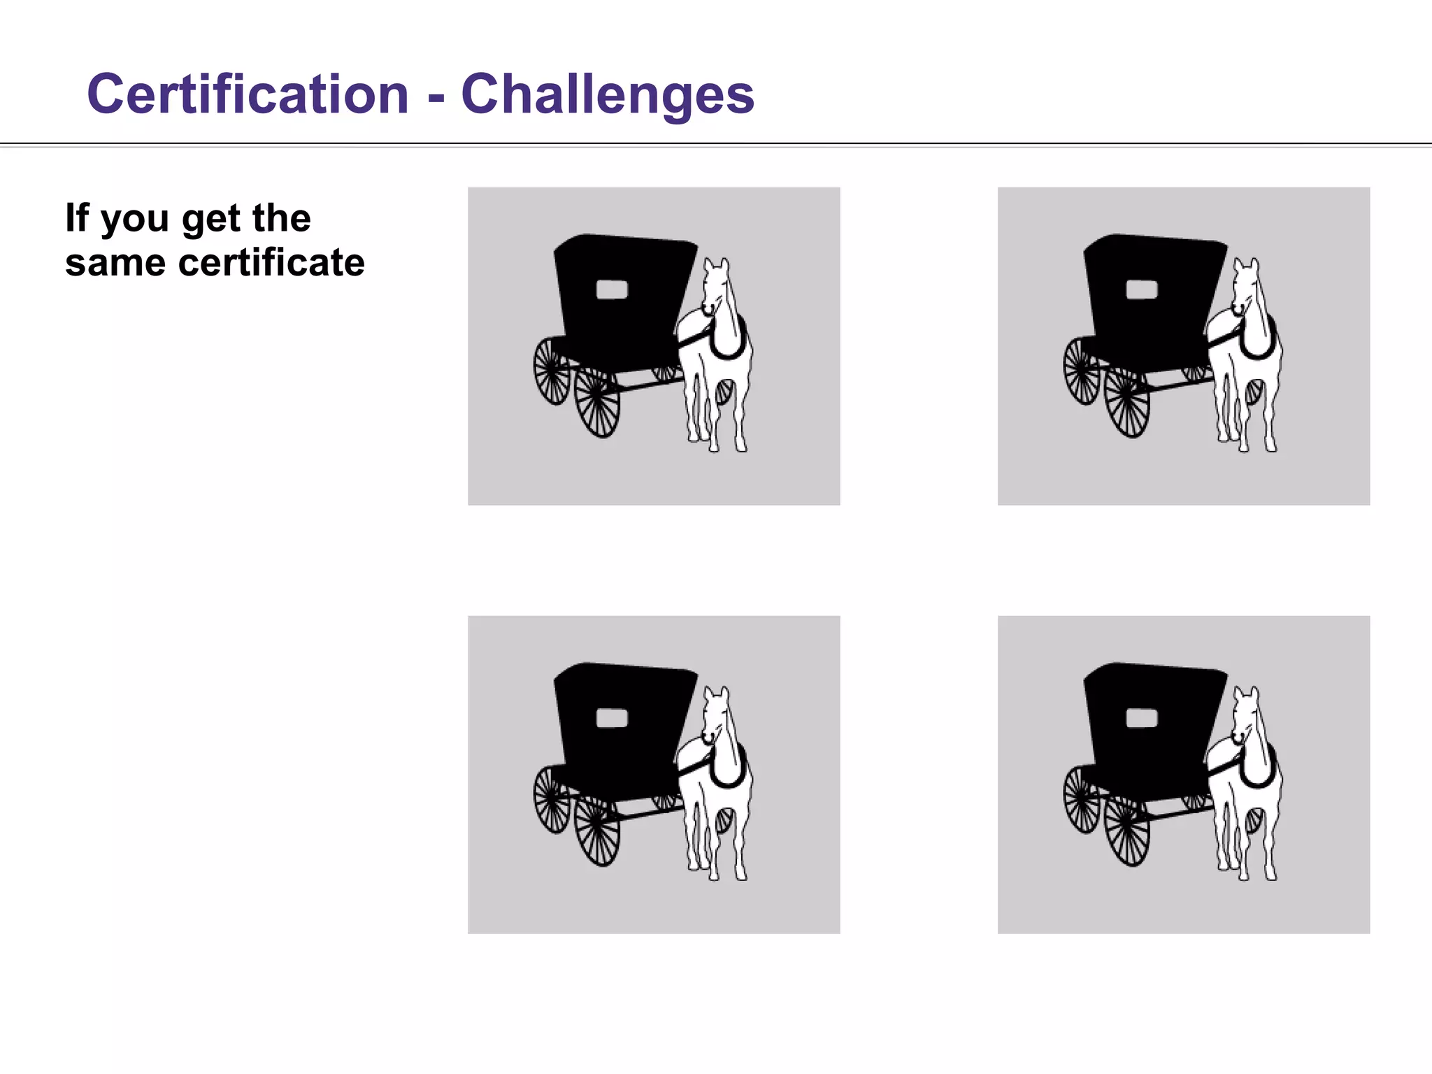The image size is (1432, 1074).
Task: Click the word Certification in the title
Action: (x=248, y=94)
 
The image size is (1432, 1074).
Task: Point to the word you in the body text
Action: (x=134, y=219)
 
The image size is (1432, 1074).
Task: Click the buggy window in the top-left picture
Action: (x=611, y=289)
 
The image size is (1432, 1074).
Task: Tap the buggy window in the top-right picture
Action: (x=1141, y=289)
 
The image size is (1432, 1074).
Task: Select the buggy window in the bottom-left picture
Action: (x=611, y=718)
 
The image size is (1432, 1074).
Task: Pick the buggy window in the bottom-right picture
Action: (x=1141, y=718)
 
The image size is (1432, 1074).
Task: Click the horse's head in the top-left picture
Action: (x=715, y=287)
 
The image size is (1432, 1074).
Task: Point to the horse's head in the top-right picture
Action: (x=1245, y=287)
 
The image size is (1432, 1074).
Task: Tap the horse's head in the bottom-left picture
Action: (x=715, y=715)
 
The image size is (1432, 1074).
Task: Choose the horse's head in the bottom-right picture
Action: (x=1245, y=715)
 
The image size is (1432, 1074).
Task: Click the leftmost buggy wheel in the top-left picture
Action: (x=552, y=371)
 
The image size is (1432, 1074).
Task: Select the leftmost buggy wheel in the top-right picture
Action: (x=1082, y=371)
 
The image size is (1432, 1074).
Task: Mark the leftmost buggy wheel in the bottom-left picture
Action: (x=552, y=799)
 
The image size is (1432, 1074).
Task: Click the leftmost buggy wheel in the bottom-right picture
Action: (x=1082, y=799)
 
